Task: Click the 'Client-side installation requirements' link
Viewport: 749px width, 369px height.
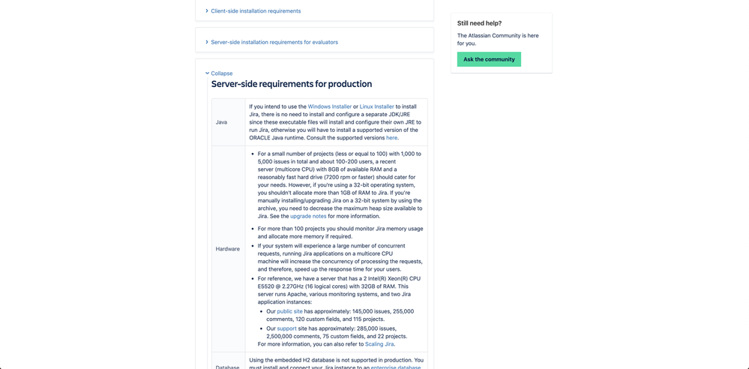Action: [256, 11]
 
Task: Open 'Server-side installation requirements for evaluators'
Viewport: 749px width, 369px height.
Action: [274, 42]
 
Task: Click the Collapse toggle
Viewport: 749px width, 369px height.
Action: [221, 73]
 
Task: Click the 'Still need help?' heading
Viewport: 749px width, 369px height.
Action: [479, 23]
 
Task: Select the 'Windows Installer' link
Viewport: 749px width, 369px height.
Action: [329, 106]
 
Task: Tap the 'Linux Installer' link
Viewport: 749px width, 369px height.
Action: [376, 106]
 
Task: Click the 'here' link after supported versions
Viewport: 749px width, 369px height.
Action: [391, 138]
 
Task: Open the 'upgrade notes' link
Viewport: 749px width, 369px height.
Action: [308, 216]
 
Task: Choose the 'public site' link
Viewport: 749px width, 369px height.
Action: [289, 311]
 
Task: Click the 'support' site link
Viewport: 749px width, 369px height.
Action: [286, 328]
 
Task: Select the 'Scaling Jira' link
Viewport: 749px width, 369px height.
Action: [379, 344]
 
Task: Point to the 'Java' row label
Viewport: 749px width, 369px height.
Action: [221, 122]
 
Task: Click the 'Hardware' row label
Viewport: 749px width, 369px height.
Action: [228, 249]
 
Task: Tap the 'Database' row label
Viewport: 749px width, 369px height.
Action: [228, 367]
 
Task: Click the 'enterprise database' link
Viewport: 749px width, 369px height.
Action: [396, 367]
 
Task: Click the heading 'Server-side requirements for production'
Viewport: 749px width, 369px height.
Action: [292, 84]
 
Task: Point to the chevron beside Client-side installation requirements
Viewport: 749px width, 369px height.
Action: [207, 11]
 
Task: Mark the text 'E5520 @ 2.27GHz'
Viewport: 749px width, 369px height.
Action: [281, 286]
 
